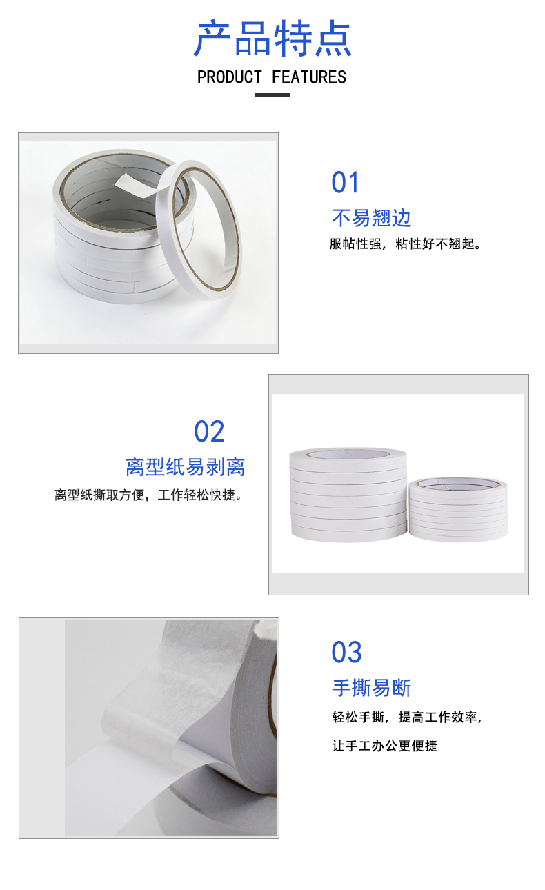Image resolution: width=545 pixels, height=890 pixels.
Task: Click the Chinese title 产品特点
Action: [272, 39]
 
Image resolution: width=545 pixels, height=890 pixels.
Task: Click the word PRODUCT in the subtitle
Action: [230, 77]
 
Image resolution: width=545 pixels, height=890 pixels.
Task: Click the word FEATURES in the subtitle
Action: [309, 77]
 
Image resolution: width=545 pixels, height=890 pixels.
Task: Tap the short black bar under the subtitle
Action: [272, 95]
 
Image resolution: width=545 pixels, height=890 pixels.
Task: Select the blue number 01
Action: [345, 183]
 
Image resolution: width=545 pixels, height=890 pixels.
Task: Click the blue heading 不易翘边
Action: [371, 218]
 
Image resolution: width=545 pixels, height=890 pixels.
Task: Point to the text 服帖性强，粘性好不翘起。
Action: [406, 244]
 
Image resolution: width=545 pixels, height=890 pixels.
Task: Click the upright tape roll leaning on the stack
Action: [198, 230]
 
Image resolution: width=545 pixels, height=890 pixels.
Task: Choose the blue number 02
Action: [209, 431]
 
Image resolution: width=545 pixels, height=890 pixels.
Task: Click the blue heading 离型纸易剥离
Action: [186, 467]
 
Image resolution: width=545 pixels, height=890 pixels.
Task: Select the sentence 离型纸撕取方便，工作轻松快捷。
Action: [148, 495]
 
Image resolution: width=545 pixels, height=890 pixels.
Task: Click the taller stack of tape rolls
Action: [348, 495]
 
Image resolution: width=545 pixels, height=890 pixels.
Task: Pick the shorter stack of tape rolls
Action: [458, 509]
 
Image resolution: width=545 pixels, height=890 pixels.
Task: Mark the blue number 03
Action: [346, 653]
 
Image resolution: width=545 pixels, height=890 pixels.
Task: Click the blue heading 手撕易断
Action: [371, 688]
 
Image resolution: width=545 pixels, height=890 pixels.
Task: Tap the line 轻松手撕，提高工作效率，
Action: [407, 717]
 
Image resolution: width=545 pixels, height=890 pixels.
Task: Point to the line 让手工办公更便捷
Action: [384, 746]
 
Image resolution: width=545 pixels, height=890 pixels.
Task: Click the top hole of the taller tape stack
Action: [348, 453]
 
